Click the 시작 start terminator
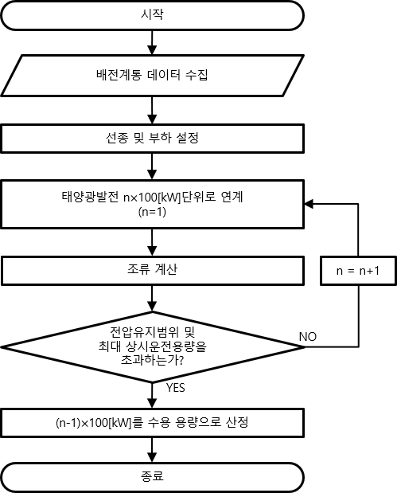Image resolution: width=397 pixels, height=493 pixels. (152, 15)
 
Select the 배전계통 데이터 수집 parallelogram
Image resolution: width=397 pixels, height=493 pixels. (152, 76)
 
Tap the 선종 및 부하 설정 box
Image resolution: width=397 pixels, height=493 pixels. (152, 139)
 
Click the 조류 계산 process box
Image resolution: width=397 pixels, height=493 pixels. (152, 271)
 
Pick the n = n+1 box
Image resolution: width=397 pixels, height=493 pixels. (358, 271)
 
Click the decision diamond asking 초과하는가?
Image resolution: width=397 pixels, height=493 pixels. (152, 347)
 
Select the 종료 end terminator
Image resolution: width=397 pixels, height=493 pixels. (152, 477)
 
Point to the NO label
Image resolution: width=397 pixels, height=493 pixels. (308, 337)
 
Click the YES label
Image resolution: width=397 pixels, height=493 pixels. (176, 388)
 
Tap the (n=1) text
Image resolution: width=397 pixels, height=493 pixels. (152, 212)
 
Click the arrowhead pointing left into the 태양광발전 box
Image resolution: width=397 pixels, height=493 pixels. (309, 204)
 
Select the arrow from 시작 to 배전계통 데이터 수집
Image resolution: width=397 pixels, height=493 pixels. (152, 43)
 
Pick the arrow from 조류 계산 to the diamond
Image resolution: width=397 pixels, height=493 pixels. (152, 299)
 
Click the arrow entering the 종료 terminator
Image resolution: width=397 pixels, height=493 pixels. (152, 450)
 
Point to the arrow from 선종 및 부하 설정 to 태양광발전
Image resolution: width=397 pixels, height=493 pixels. (152, 166)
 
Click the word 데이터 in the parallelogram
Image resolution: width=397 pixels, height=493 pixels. (164, 75)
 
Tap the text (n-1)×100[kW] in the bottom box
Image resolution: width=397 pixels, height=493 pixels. (93, 423)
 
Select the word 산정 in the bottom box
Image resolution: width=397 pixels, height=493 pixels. (237, 422)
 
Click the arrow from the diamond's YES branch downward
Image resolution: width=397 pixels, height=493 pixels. (152, 396)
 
